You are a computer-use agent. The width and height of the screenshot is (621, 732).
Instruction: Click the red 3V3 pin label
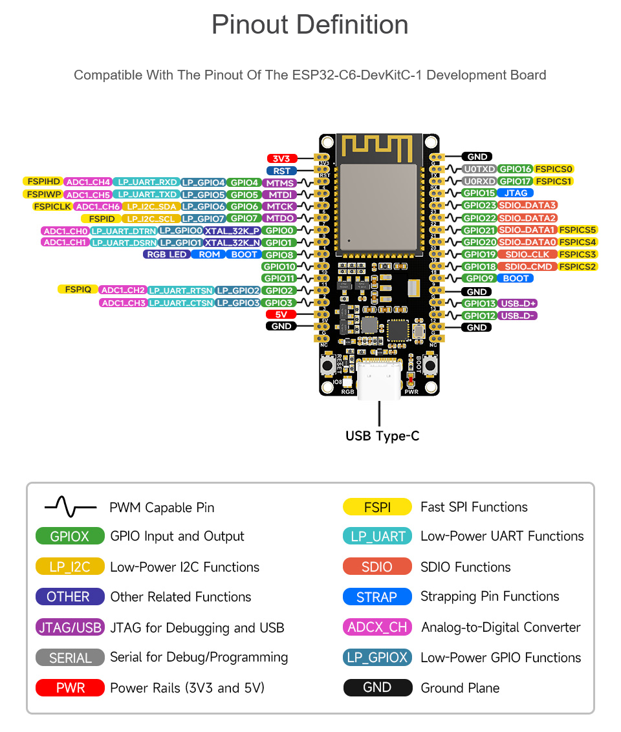pos(282,158)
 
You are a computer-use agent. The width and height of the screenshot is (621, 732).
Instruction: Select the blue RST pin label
pos(282,171)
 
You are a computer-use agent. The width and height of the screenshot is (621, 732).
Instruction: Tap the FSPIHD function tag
pos(43,182)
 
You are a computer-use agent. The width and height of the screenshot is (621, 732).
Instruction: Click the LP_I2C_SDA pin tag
pos(150,206)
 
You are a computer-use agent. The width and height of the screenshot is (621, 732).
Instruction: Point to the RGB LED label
pos(166,254)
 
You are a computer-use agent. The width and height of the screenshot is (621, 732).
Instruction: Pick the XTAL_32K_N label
pos(233,242)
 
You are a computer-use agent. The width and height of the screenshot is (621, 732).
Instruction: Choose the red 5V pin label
pos(281,314)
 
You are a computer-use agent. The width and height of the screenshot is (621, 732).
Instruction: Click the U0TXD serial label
pos(479,169)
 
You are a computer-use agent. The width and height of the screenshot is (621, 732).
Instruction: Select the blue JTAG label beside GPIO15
pos(516,193)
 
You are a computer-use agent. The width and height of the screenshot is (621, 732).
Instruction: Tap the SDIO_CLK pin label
pos(527,254)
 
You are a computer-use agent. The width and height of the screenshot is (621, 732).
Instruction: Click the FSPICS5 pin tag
pos(578,230)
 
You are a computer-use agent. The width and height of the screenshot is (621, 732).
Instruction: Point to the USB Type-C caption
pos(382,436)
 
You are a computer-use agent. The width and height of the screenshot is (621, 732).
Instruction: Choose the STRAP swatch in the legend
pos(377,597)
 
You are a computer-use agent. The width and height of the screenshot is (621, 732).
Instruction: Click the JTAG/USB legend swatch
pos(70,628)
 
